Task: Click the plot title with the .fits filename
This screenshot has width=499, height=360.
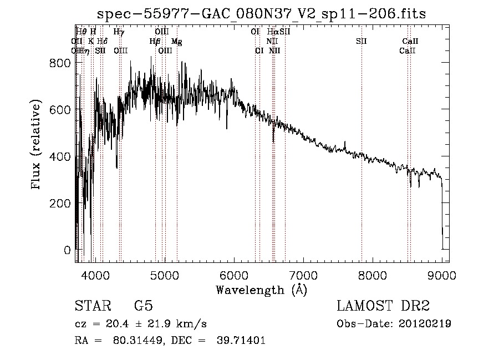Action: (261, 14)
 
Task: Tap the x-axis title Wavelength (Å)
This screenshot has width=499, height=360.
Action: (261, 290)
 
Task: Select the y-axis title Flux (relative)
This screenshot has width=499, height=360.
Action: (37, 145)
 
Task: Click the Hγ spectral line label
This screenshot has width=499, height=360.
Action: (119, 32)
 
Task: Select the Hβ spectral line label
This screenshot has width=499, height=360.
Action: (155, 41)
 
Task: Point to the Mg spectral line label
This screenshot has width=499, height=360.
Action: (176, 41)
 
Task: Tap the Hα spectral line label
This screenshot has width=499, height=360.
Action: (272, 32)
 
